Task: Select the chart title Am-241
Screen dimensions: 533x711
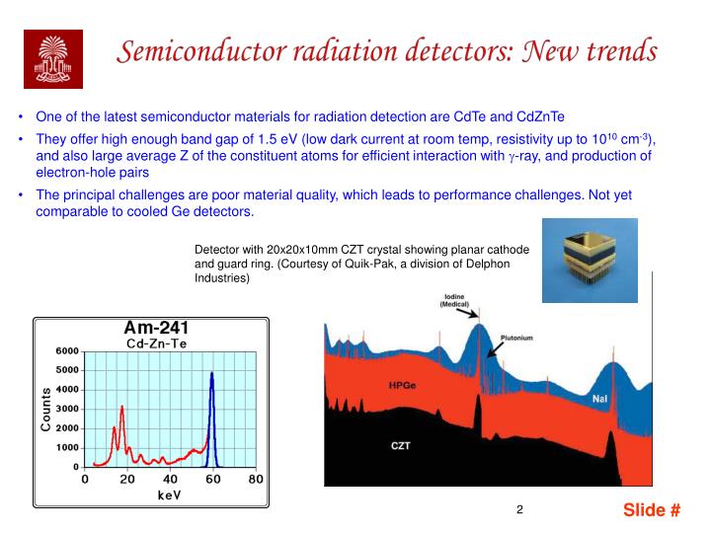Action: coord(156,328)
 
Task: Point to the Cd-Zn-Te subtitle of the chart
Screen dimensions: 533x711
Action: coord(156,343)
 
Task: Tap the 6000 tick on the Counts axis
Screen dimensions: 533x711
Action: coord(66,351)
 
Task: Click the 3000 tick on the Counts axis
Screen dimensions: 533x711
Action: coord(66,410)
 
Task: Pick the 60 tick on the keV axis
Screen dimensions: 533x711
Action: coord(212,480)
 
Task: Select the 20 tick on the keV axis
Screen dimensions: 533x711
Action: coord(127,480)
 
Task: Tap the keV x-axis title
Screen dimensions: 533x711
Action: coord(170,495)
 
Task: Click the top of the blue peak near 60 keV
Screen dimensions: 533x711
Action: coord(211,373)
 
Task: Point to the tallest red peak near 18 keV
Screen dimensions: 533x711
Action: coord(121,406)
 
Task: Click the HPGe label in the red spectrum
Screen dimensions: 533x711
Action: coord(402,384)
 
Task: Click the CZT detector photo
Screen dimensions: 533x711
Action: coord(590,261)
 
